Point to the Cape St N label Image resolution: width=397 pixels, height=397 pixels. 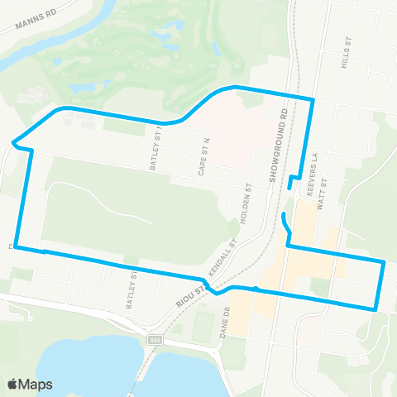[200, 153]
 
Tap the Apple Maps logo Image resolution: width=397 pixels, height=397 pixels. [29, 383]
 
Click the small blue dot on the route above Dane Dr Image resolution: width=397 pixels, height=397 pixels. [256, 289]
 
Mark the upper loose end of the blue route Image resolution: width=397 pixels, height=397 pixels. [289, 188]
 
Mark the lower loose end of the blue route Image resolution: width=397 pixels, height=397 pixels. [284, 216]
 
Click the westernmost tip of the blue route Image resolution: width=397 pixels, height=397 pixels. [13, 143]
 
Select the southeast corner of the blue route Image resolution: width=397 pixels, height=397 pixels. [376, 309]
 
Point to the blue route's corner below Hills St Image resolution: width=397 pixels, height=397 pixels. [313, 99]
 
